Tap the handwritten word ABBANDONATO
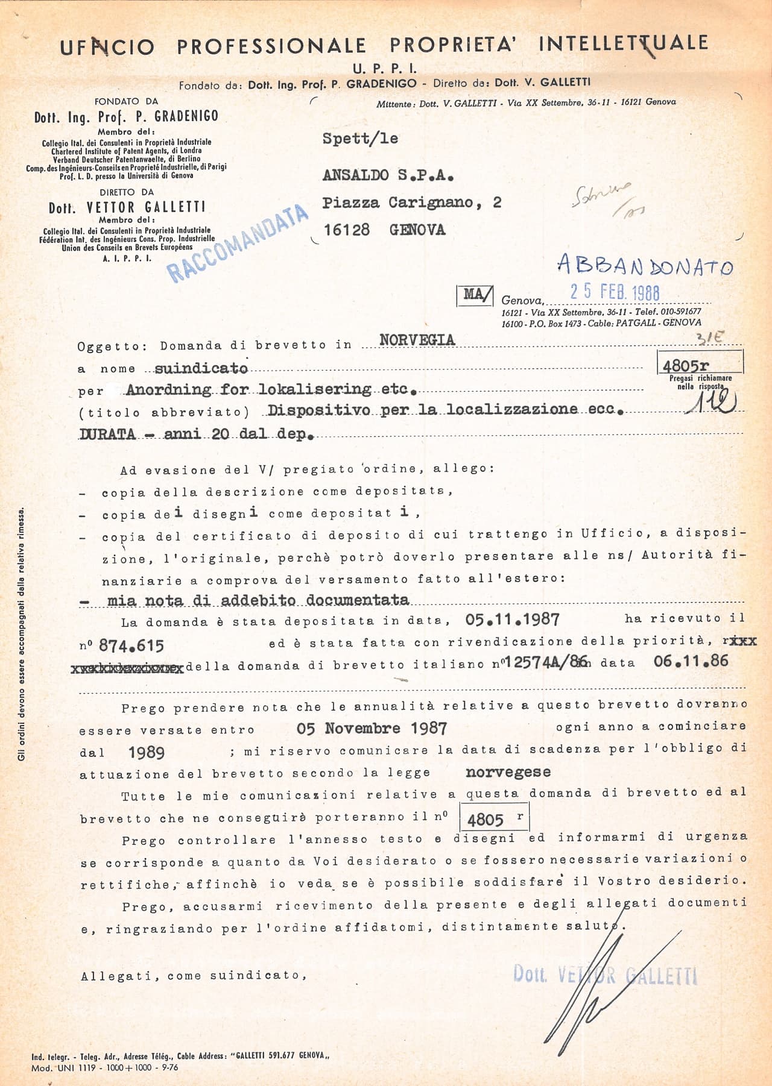pyautogui.click(x=645, y=265)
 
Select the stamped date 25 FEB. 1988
pyautogui.click(x=615, y=292)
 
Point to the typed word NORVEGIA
pyautogui.click(x=417, y=340)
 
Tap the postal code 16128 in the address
pyautogui.click(x=346, y=230)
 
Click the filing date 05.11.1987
pyautogui.click(x=512, y=620)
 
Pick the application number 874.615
pyautogui.click(x=131, y=646)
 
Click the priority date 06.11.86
pyautogui.click(x=691, y=661)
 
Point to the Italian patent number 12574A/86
pyautogui.click(x=544, y=662)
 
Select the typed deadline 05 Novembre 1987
pyautogui.click(x=372, y=729)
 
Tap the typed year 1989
pyautogui.click(x=147, y=752)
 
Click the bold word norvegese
pyautogui.click(x=507, y=772)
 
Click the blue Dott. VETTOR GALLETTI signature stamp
pyautogui.click(x=604, y=974)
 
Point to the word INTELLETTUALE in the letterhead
pyautogui.click(x=623, y=43)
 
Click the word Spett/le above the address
pyautogui.click(x=360, y=139)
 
